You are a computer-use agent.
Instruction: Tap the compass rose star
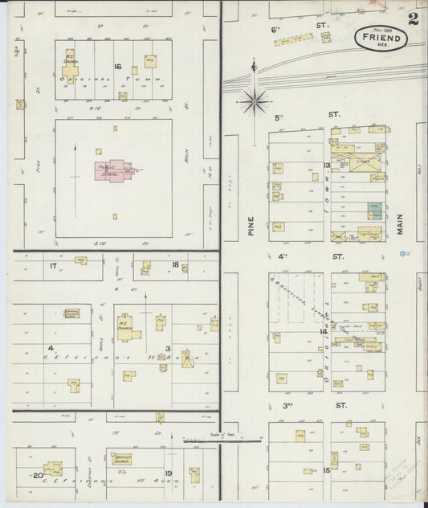pyautogui.click(x=255, y=99)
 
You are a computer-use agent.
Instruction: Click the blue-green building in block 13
pyautogui.click(x=374, y=209)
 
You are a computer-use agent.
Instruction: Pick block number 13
pyautogui.click(x=327, y=166)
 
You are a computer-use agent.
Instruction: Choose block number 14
pyautogui.click(x=324, y=331)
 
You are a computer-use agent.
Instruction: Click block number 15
pyautogui.click(x=326, y=470)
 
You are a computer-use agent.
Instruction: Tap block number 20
pyautogui.click(x=37, y=475)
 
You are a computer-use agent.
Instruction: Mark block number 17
pyautogui.click(x=54, y=265)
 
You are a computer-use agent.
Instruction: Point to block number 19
pyautogui.click(x=168, y=473)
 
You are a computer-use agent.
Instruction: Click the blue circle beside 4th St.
pyautogui.click(x=402, y=254)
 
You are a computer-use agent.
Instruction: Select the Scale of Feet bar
pyautogui.click(x=221, y=440)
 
